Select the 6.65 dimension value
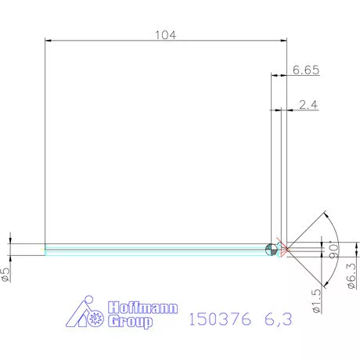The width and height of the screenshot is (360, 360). pos(305,70)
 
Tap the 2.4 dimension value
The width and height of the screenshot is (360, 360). pos(308,105)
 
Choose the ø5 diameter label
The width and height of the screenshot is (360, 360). pos(5,273)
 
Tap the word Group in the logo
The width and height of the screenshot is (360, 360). pos(126,322)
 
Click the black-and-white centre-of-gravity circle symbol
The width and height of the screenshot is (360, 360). pos(271,249)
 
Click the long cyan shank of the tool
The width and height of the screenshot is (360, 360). pos(157,249)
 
